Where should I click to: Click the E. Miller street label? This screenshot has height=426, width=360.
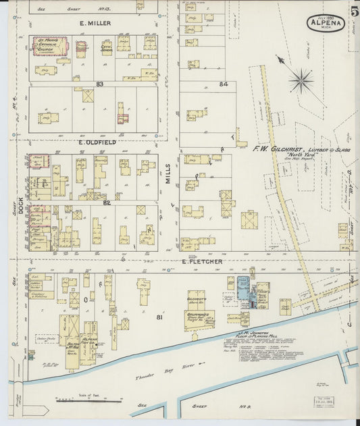click(x=95, y=23)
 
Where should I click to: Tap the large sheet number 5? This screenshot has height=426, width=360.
click(x=354, y=11)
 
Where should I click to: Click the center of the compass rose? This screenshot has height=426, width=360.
click(x=300, y=80)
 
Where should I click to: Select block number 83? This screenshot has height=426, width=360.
click(x=99, y=84)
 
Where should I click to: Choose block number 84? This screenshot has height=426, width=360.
click(x=224, y=84)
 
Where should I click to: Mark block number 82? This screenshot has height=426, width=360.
click(x=106, y=203)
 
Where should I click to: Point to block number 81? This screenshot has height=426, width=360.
click(x=159, y=317)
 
